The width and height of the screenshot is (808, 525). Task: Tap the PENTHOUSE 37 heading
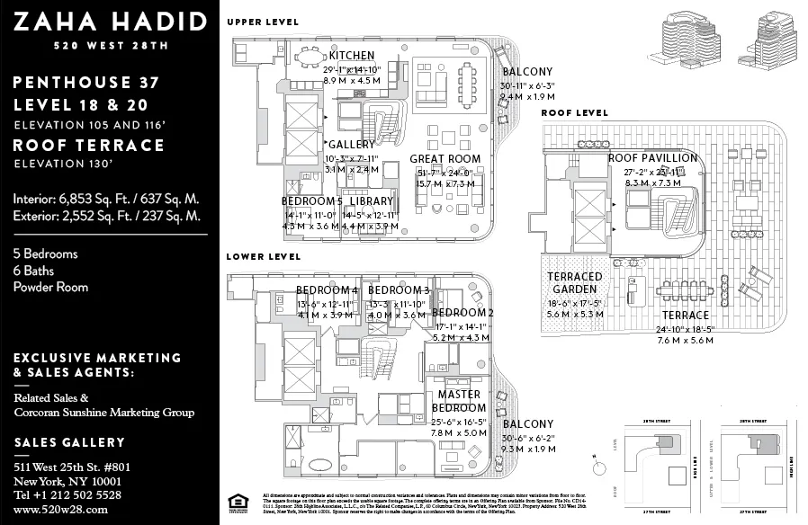86,83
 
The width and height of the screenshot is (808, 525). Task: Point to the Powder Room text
50,287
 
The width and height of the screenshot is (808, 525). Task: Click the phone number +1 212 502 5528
67,495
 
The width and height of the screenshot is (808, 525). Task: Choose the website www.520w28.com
60,509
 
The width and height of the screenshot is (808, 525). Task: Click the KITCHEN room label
351,56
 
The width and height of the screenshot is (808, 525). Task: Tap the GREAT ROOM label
451,158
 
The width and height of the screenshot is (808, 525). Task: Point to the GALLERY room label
352,145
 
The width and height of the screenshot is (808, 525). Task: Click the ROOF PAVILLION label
652,158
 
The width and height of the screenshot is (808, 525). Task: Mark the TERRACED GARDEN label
574,283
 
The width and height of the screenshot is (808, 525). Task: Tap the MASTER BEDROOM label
458,401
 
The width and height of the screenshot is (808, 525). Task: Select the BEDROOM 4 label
328,290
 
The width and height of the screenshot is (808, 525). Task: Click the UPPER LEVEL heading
263,22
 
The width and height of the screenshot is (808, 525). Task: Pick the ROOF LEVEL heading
574,113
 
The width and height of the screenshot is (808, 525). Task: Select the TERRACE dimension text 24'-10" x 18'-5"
686,330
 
